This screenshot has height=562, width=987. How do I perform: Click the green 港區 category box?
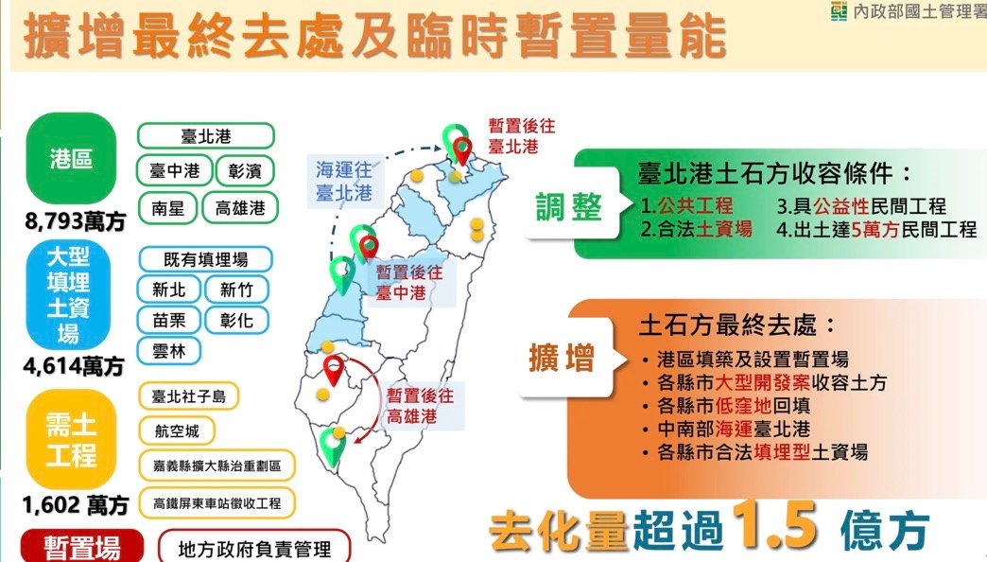[72, 159]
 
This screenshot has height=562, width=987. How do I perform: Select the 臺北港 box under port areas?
[205, 136]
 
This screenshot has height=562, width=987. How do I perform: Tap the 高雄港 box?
[240, 208]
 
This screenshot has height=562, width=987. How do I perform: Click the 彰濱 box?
[245, 171]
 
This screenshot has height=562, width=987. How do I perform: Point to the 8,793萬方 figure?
[75, 223]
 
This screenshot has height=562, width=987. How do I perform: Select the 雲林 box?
[168, 351]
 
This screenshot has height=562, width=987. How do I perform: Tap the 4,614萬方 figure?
[75, 364]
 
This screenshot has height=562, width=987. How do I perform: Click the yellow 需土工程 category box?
[72, 442]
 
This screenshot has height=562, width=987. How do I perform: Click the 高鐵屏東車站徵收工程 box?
[216, 501]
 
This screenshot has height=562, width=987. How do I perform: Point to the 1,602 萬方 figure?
[75, 504]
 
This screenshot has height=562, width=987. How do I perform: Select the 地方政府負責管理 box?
[253, 547]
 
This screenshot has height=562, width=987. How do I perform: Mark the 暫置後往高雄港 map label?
[420, 406]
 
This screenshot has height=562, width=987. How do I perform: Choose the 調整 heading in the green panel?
[569, 206]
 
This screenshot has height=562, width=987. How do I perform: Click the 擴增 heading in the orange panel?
[562, 360]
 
